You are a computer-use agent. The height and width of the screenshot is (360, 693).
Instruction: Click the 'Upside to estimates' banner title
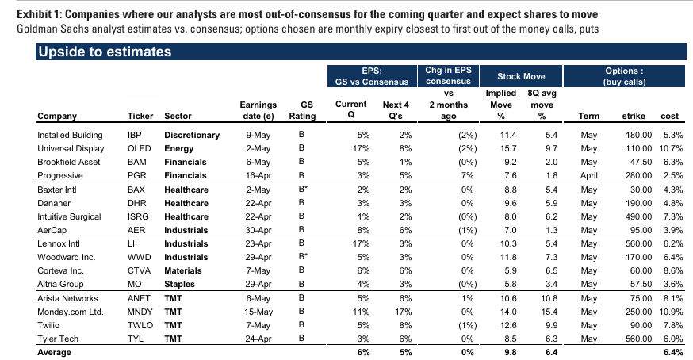coord(105,52)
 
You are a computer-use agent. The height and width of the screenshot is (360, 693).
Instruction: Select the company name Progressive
coord(60,175)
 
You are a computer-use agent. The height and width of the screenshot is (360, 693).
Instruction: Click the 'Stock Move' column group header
coord(521,76)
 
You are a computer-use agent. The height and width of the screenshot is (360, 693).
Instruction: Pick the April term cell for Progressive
coord(588,175)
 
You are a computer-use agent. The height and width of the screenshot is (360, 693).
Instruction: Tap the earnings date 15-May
coord(258,312)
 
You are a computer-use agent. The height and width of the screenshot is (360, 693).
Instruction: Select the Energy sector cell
coord(178,148)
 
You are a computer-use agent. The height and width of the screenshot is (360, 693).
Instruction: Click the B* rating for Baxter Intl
coord(303,190)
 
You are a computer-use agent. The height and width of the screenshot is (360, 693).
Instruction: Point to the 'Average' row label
coord(54,353)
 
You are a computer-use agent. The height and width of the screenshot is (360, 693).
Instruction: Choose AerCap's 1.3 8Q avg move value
coord(551,230)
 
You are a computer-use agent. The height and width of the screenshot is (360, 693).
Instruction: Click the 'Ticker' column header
coord(140,116)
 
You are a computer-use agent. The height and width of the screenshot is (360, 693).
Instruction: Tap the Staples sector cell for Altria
coord(179,284)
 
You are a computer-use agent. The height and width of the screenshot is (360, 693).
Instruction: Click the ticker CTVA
coord(139,270)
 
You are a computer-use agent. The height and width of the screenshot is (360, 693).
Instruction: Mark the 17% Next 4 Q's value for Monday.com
coord(403,312)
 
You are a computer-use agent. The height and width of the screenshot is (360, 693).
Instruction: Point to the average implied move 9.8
coord(510,353)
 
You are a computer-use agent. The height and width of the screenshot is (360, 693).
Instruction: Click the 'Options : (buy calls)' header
coord(624,76)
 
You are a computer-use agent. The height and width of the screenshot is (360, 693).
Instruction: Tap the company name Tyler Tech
coord(58,339)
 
